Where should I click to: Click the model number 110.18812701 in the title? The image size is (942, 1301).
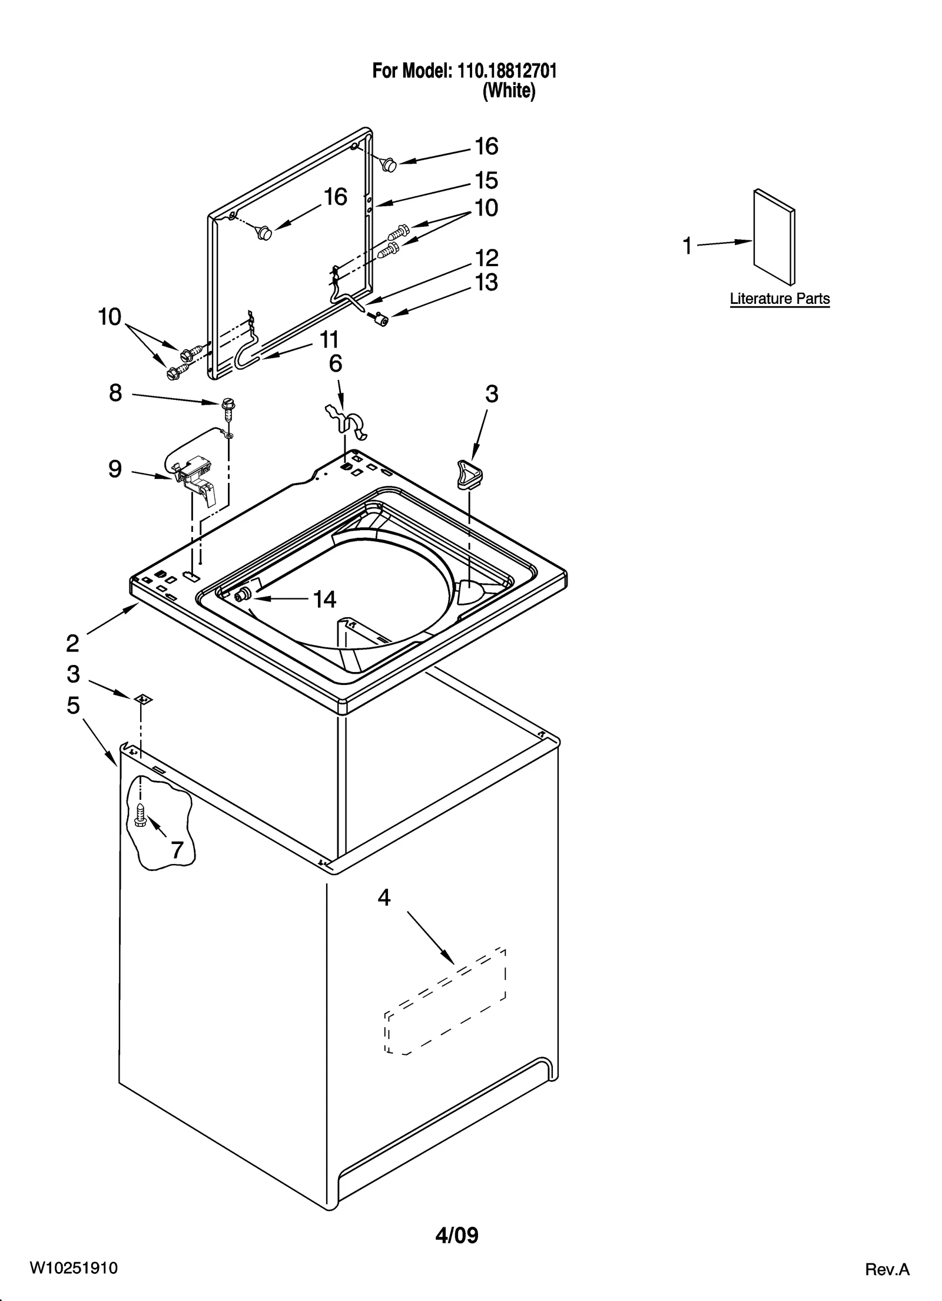tap(505, 71)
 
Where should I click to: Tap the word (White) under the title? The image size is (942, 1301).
tap(509, 91)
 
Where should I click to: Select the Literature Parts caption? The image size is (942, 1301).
tap(780, 299)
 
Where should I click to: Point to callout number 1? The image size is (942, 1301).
tap(687, 246)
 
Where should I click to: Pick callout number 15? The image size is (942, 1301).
tap(486, 180)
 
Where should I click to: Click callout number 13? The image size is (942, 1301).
tap(486, 283)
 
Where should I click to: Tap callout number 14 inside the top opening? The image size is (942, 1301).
tap(324, 600)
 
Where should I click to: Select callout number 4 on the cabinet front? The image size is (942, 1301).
tap(384, 898)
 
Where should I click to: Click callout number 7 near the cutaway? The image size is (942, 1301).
tap(177, 849)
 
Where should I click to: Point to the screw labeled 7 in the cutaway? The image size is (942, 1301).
tap(140, 815)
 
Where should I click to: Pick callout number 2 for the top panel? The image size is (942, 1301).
tap(72, 643)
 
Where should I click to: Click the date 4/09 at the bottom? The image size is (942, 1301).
tap(456, 1235)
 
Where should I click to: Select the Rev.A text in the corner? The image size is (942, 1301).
tap(887, 1269)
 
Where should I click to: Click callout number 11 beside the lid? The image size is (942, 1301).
tap(329, 340)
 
